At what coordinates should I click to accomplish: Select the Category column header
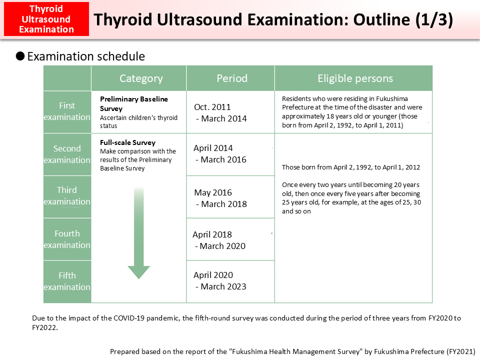tap(141, 78)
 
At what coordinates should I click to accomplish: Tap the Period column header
tap(231, 78)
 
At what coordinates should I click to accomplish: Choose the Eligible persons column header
tap(355, 78)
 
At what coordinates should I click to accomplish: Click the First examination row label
tap(67, 111)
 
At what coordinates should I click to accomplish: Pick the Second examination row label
tap(67, 154)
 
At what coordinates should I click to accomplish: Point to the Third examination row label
tap(67, 196)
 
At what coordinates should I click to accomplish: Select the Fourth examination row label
tap(67, 239)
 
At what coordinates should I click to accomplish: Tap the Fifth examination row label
tap(67, 281)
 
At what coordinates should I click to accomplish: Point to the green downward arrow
tap(138, 235)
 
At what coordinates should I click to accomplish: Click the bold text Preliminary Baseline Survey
tap(133, 103)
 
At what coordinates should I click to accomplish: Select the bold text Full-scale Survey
tap(127, 142)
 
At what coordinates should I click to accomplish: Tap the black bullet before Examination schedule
tap(20, 56)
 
